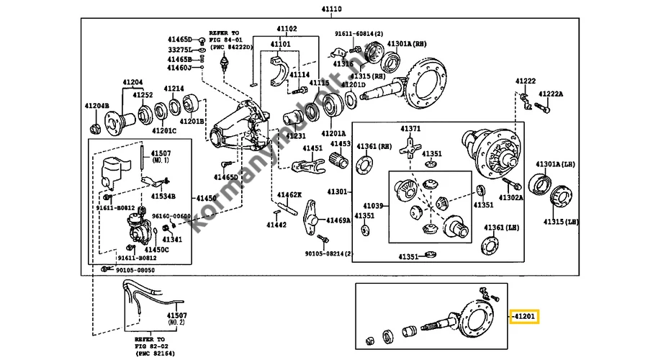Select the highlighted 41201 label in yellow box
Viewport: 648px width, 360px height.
(523, 316)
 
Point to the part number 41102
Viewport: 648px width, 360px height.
(287, 29)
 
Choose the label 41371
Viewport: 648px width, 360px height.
(410, 129)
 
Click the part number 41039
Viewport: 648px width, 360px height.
(374, 205)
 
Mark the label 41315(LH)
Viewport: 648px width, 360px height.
(561, 222)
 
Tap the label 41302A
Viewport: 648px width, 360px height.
(510, 197)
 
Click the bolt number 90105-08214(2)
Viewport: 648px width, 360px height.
(328, 253)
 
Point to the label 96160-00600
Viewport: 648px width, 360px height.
(171, 215)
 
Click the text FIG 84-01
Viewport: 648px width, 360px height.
(226, 40)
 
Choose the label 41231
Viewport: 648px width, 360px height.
(296, 135)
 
